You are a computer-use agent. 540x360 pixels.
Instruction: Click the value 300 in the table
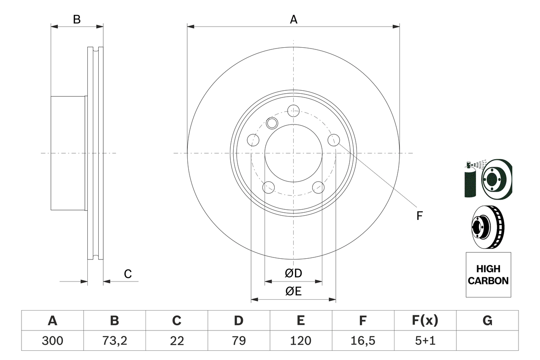(52, 341)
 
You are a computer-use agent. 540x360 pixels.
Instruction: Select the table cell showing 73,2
(114, 341)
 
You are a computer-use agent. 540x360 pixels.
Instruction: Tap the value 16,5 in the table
(362, 341)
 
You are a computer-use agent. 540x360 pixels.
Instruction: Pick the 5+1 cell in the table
(425, 341)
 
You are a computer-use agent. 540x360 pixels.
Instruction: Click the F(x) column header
(425, 321)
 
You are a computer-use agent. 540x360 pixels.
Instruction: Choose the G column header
(487, 321)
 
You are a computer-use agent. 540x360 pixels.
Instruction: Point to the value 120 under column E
(300, 341)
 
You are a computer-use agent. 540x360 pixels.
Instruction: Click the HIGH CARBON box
(488, 275)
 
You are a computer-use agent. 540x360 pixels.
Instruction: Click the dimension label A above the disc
(294, 19)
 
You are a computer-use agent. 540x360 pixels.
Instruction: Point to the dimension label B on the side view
(76, 19)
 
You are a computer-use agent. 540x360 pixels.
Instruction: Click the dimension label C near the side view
(128, 274)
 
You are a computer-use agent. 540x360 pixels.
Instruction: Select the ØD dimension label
(294, 273)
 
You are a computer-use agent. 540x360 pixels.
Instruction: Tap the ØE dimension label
(294, 292)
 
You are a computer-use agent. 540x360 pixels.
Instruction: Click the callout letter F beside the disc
(419, 216)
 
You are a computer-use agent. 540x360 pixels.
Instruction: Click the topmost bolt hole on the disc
(293, 111)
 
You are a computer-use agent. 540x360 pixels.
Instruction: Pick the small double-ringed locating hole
(272, 123)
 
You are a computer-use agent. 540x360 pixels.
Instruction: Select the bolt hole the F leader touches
(334, 140)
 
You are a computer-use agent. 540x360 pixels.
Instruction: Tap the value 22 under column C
(176, 341)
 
